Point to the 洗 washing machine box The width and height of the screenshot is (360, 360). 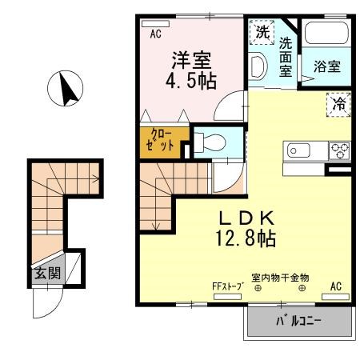click(262, 33)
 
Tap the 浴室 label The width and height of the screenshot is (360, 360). click(326, 67)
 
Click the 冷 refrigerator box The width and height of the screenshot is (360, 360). click(338, 103)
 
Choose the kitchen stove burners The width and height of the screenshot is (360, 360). click(339, 150)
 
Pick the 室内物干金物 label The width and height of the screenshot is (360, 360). click(280, 278)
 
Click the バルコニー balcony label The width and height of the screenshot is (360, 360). click(299, 322)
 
